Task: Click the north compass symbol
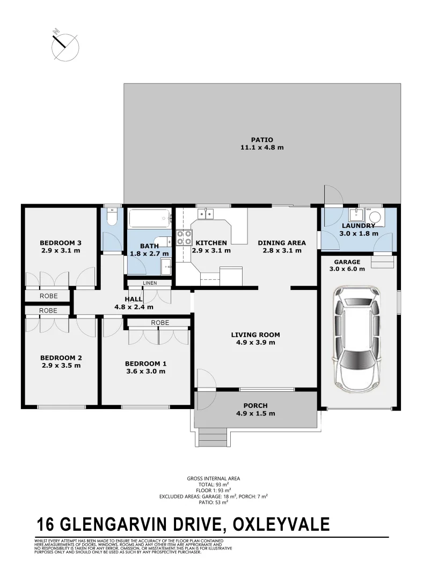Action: point(65,44)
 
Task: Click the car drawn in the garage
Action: point(357,339)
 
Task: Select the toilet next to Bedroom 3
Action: point(112,217)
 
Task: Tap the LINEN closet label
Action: point(149,283)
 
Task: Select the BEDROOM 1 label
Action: point(145,363)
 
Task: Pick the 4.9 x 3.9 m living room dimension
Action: point(255,343)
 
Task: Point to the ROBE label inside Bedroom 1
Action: point(160,323)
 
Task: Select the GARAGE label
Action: point(347,262)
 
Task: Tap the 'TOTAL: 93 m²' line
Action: point(213,484)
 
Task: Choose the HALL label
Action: point(134,299)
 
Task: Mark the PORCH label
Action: point(255,406)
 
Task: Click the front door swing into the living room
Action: point(206,379)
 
